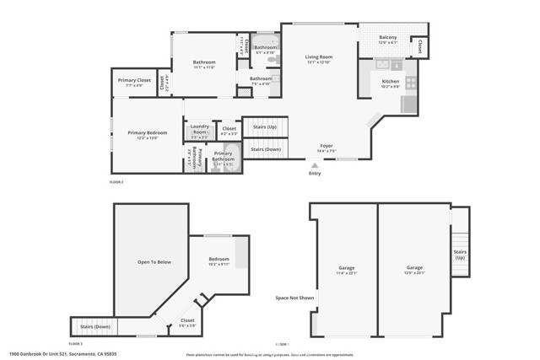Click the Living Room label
319,57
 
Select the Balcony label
387,36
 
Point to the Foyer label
326,146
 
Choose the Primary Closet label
133,81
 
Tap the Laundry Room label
199,129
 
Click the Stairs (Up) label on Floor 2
265,126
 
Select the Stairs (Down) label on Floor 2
266,148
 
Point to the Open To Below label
154,262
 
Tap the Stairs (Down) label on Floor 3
95,326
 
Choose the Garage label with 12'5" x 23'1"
413,268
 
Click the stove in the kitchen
411,83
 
